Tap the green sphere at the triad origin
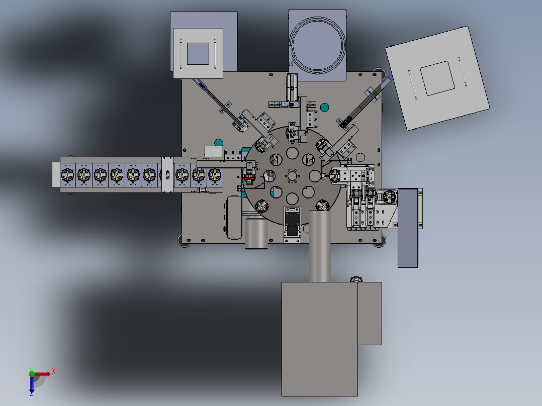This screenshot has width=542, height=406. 32,373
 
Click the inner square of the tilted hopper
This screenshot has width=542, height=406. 437,78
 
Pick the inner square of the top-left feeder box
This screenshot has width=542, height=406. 198,53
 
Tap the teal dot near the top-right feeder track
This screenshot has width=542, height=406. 324,107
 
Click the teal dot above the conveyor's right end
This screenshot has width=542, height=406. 218,143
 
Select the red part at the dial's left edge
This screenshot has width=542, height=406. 249,176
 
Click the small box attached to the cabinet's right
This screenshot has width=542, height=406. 370,313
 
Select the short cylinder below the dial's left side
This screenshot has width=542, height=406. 256,234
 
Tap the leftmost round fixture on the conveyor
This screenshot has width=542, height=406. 67,175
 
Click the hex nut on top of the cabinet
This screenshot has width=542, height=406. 355,279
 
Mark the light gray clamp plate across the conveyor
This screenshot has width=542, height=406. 166,174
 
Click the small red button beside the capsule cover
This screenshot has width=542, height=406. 225,229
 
